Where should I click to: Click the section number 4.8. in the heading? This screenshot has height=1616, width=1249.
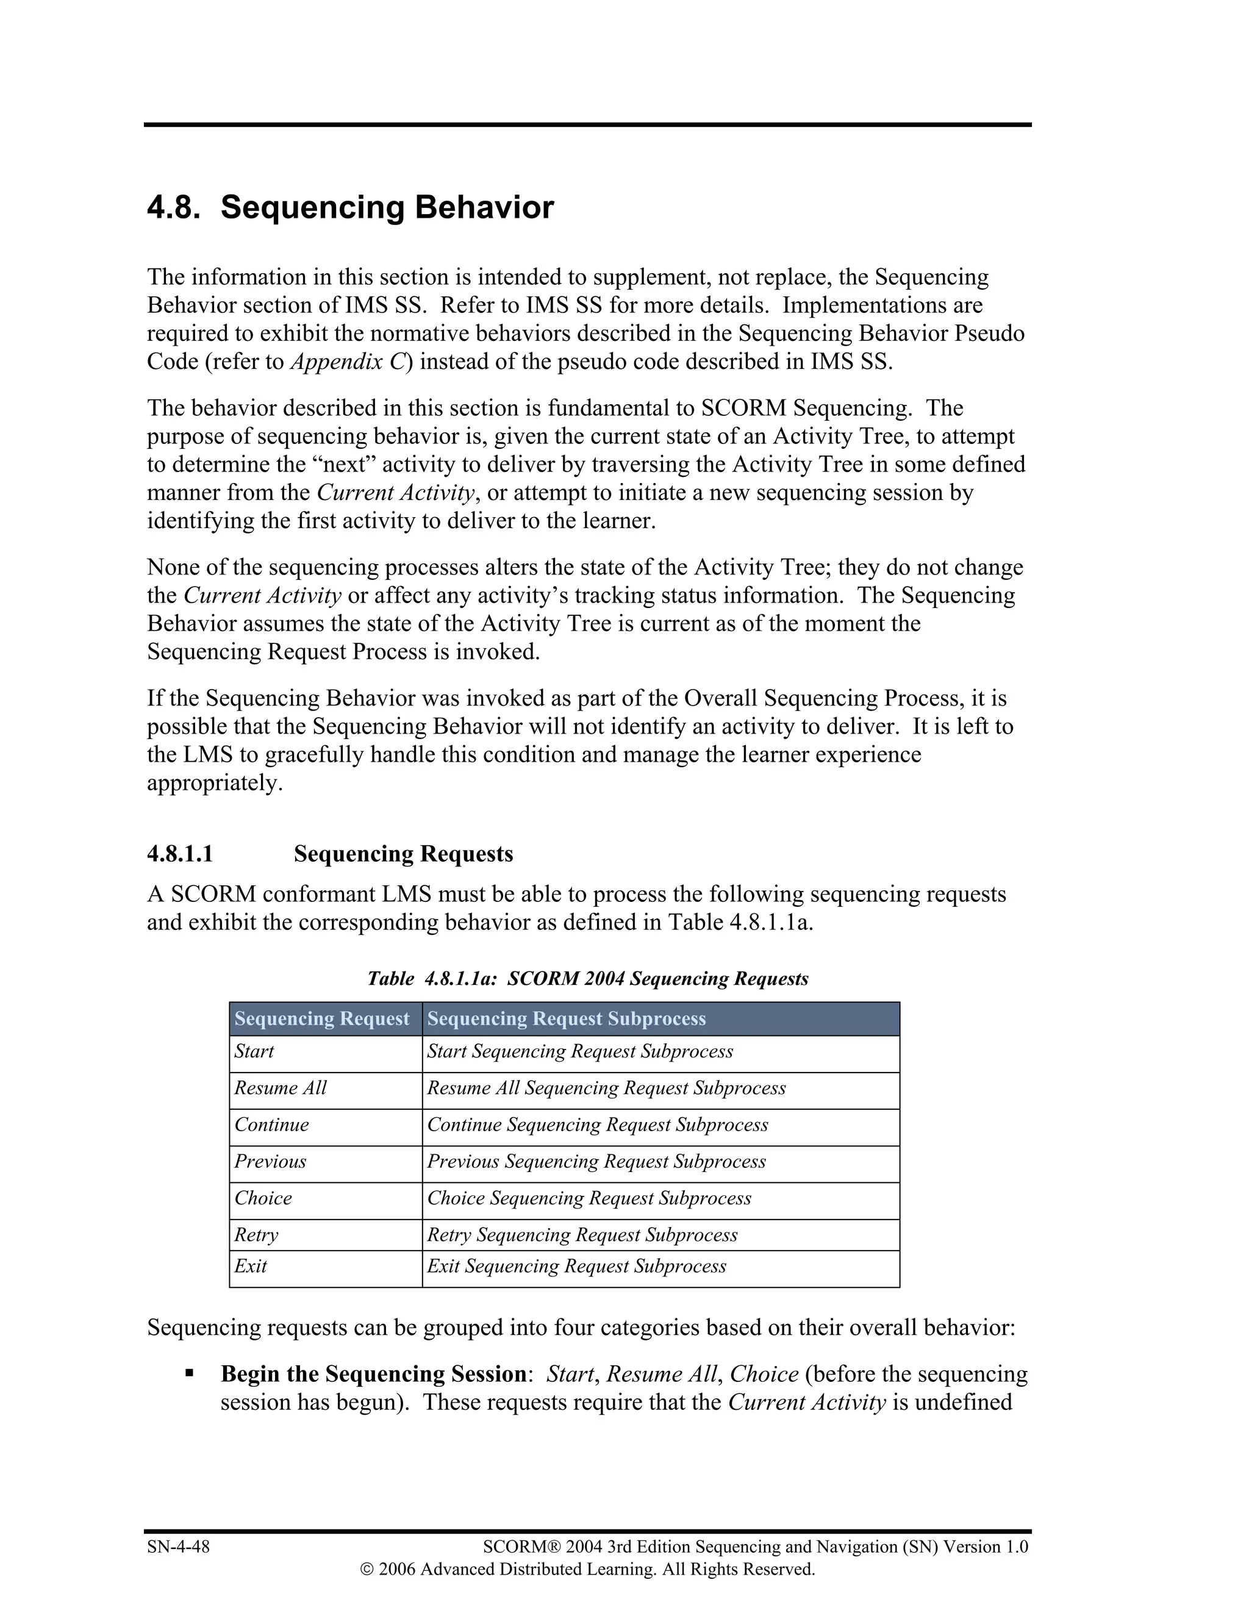coord(174,208)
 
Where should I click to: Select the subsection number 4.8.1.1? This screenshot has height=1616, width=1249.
coord(180,854)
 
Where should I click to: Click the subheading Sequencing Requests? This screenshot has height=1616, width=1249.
coord(403,854)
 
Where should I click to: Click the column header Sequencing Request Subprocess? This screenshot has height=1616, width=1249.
coord(567,1019)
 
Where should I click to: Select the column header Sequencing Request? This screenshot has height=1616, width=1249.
coord(322,1019)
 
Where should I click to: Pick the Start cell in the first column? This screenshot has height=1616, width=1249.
coord(254,1051)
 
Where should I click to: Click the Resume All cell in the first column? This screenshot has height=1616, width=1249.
coord(281,1088)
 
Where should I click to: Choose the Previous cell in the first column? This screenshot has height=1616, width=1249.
coord(270,1161)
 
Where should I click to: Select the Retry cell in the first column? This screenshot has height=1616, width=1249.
coord(257,1234)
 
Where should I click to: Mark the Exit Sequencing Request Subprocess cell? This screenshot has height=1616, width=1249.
coord(576,1266)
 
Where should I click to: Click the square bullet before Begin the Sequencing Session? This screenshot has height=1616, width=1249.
coord(190,1373)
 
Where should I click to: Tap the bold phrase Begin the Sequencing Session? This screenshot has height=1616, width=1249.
coord(373,1374)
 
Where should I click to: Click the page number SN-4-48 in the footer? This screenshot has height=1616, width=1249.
coord(178,1546)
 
